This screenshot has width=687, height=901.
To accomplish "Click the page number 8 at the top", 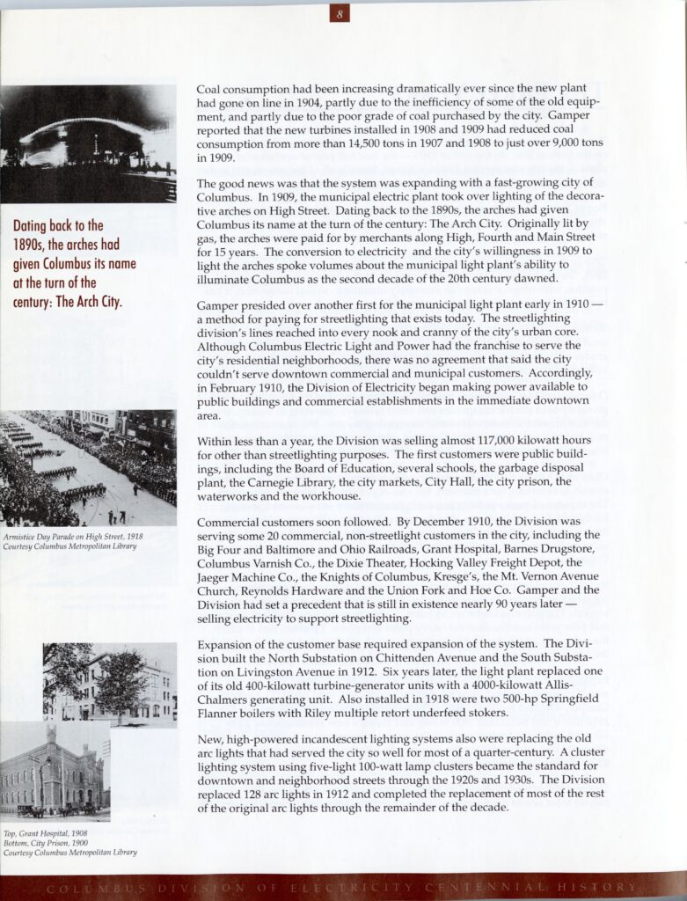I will [x=343, y=14].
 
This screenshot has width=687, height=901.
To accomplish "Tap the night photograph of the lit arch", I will [x=88, y=143].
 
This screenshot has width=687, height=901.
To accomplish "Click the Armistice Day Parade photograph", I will [x=88, y=468].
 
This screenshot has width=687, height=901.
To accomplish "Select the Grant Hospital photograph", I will [x=111, y=682].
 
